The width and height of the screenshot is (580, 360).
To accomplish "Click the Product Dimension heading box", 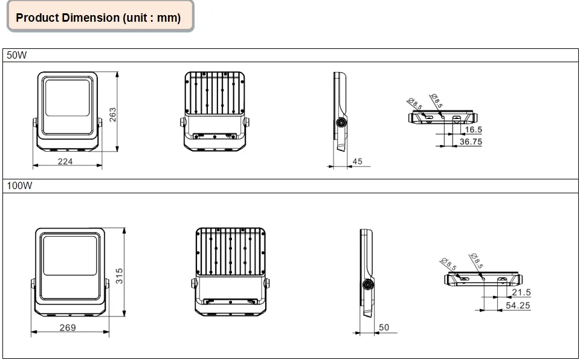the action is [100, 16].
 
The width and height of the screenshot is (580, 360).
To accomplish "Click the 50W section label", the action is [17, 55].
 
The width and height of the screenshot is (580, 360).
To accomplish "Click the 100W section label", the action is [19, 185].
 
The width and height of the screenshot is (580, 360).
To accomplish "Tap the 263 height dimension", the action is [113, 115].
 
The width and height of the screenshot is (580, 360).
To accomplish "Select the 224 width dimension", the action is [65, 161].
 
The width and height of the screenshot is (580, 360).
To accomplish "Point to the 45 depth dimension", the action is [357, 161].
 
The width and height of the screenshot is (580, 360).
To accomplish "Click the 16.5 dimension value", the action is [474, 129].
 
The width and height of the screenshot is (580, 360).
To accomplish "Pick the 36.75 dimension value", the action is [471, 142].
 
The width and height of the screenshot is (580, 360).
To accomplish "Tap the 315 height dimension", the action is [119, 276].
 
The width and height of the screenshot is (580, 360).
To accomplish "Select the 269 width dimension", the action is [68, 327].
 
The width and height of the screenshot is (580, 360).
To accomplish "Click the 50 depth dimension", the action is [384, 327].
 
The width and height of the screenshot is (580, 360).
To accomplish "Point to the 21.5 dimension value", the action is [521, 292].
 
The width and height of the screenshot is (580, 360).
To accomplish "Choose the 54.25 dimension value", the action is [518, 305].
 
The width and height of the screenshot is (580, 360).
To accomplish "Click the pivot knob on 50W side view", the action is [340, 123].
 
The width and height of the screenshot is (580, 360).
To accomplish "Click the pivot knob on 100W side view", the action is [367, 284].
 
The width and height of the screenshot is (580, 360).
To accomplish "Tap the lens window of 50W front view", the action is [67, 98].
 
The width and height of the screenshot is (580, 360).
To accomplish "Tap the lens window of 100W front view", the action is [70, 256].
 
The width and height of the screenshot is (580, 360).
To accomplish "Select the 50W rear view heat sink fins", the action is [214, 93].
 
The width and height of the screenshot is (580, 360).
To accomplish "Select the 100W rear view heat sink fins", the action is [230, 252].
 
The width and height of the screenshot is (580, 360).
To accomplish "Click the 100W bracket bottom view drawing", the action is [483, 278].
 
